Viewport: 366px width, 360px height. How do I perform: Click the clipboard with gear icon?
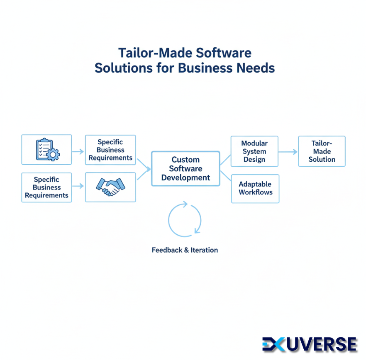coord(46,149)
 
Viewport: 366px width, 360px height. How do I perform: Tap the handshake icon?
coord(110,187)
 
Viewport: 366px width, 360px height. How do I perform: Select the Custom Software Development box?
coord(185,169)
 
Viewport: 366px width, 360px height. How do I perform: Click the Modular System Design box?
coord(254,151)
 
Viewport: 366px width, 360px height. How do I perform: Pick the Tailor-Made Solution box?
coord(322,151)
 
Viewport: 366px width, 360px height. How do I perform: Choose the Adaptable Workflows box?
coord(255,188)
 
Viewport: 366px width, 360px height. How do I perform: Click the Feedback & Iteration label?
coord(185,250)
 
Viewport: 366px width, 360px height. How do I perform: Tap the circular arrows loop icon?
coord(185,220)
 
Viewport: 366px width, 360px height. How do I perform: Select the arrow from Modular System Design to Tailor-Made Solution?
coord(288,152)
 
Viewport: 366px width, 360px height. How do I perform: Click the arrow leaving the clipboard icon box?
coord(78,151)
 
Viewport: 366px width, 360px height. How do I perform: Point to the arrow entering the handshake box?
coord(78,187)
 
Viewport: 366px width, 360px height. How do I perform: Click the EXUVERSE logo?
coord(310,344)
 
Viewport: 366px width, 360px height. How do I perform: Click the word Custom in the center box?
coord(185,160)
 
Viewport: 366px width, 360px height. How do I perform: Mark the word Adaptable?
coord(255,184)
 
